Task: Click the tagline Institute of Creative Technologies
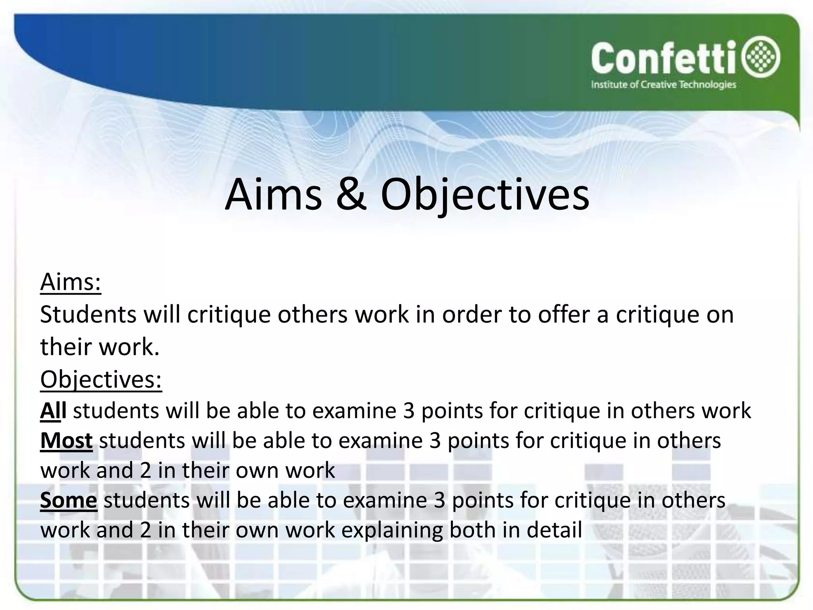[663, 85]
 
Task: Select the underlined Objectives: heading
[101, 380]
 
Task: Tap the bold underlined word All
[53, 411]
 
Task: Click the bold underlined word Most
[66, 440]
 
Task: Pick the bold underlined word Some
[68, 500]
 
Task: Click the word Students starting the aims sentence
[88, 315]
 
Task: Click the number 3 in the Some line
[439, 500]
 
